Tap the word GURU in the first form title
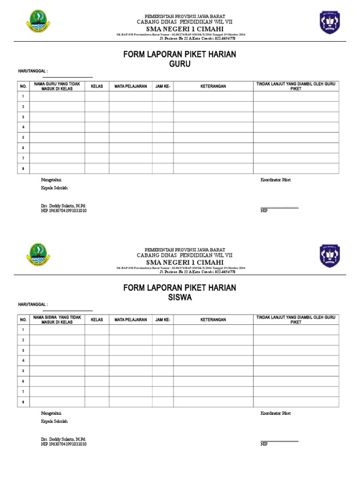coord(180,64)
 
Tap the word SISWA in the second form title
coord(180,297)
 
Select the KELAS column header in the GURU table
coord(97,86)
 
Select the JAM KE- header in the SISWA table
coord(163,320)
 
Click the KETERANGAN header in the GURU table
coord(213,86)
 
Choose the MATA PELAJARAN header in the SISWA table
coord(131,320)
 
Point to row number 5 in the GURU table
coord(22,137)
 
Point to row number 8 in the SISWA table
coord(22,402)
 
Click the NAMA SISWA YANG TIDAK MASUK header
coord(58,320)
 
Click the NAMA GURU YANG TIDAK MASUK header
coord(58,86)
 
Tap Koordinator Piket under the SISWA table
coord(276,413)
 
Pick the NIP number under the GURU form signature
coord(64,211)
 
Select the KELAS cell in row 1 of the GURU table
coord(97,96)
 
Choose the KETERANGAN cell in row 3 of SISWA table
coord(213,350)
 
